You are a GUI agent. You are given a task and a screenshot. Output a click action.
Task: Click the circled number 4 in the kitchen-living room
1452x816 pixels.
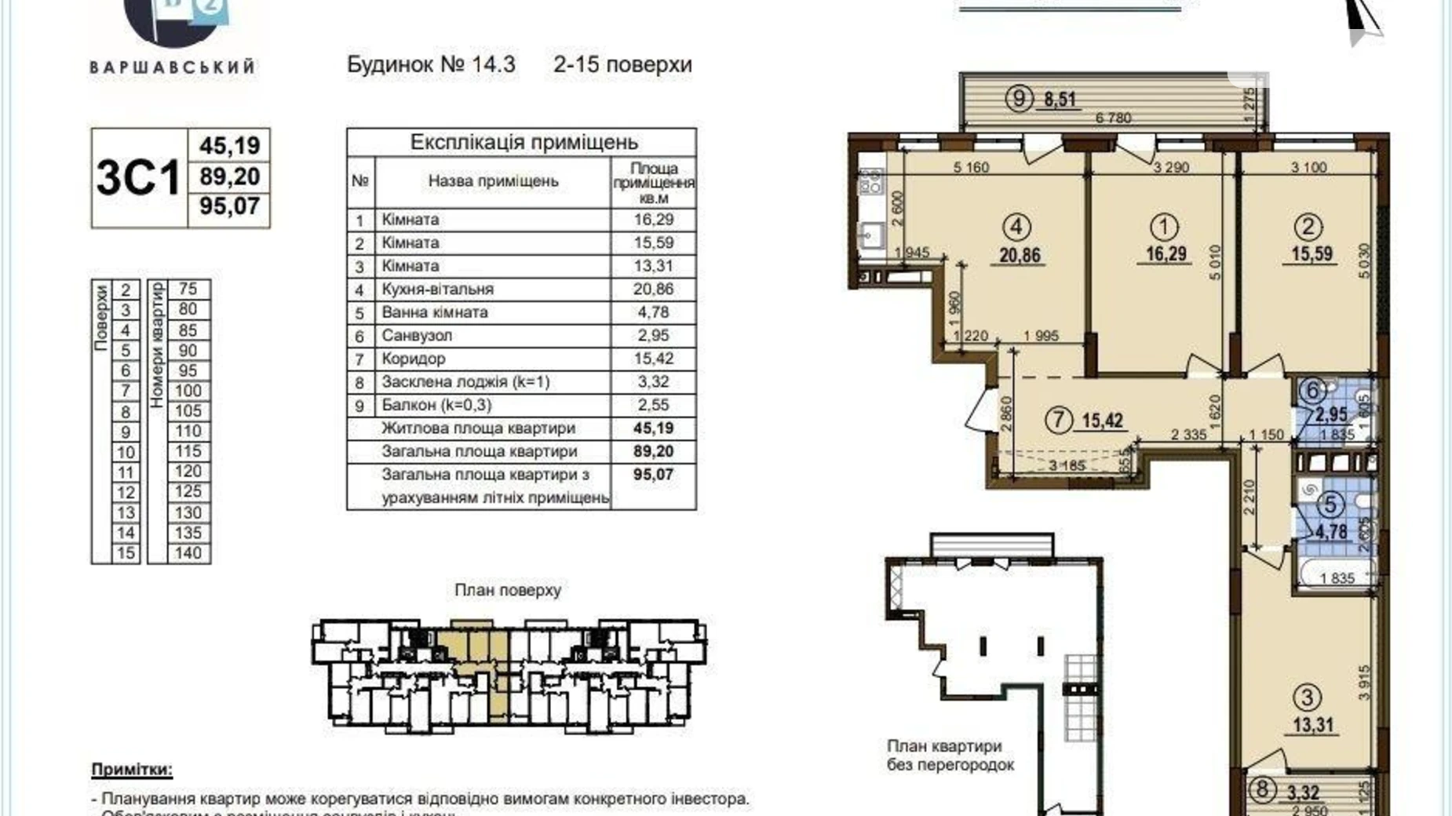coord(1017,228)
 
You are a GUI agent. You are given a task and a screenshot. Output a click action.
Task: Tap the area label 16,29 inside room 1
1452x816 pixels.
coord(1166,254)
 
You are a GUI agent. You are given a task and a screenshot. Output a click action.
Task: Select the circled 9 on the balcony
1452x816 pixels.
coord(1018,99)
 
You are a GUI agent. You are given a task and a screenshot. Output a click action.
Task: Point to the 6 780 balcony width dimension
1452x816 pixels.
coord(1113,118)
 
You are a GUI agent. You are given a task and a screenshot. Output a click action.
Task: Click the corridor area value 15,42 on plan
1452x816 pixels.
coord(1103,421)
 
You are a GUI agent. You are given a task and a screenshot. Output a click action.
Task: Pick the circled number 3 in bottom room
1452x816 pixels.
coord(1307,697)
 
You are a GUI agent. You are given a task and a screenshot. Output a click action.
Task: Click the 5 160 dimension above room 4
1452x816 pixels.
coord(971,167)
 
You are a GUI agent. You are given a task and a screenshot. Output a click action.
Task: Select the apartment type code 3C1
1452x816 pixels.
coord(139,178)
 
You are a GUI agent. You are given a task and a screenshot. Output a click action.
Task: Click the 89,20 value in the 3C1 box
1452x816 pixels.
coord(229,177)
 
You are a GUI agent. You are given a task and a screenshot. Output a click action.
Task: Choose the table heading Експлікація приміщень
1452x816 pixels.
coord(524,142)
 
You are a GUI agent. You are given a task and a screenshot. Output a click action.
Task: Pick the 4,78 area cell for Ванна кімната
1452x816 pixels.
coord(653,312)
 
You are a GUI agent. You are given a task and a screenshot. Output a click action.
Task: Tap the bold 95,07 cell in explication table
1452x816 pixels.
coord(653,475)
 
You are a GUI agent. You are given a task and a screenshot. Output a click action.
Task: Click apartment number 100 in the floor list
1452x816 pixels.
coord(188,391)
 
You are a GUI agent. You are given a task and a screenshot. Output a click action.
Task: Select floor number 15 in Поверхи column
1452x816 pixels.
coord(126,553)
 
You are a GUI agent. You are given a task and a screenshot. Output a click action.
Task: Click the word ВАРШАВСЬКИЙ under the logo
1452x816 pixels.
coord(173,67)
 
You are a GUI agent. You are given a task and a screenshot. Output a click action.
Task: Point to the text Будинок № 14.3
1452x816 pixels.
coord(431,64)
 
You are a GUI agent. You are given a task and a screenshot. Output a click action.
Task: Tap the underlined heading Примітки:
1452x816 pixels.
coord(132,770)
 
